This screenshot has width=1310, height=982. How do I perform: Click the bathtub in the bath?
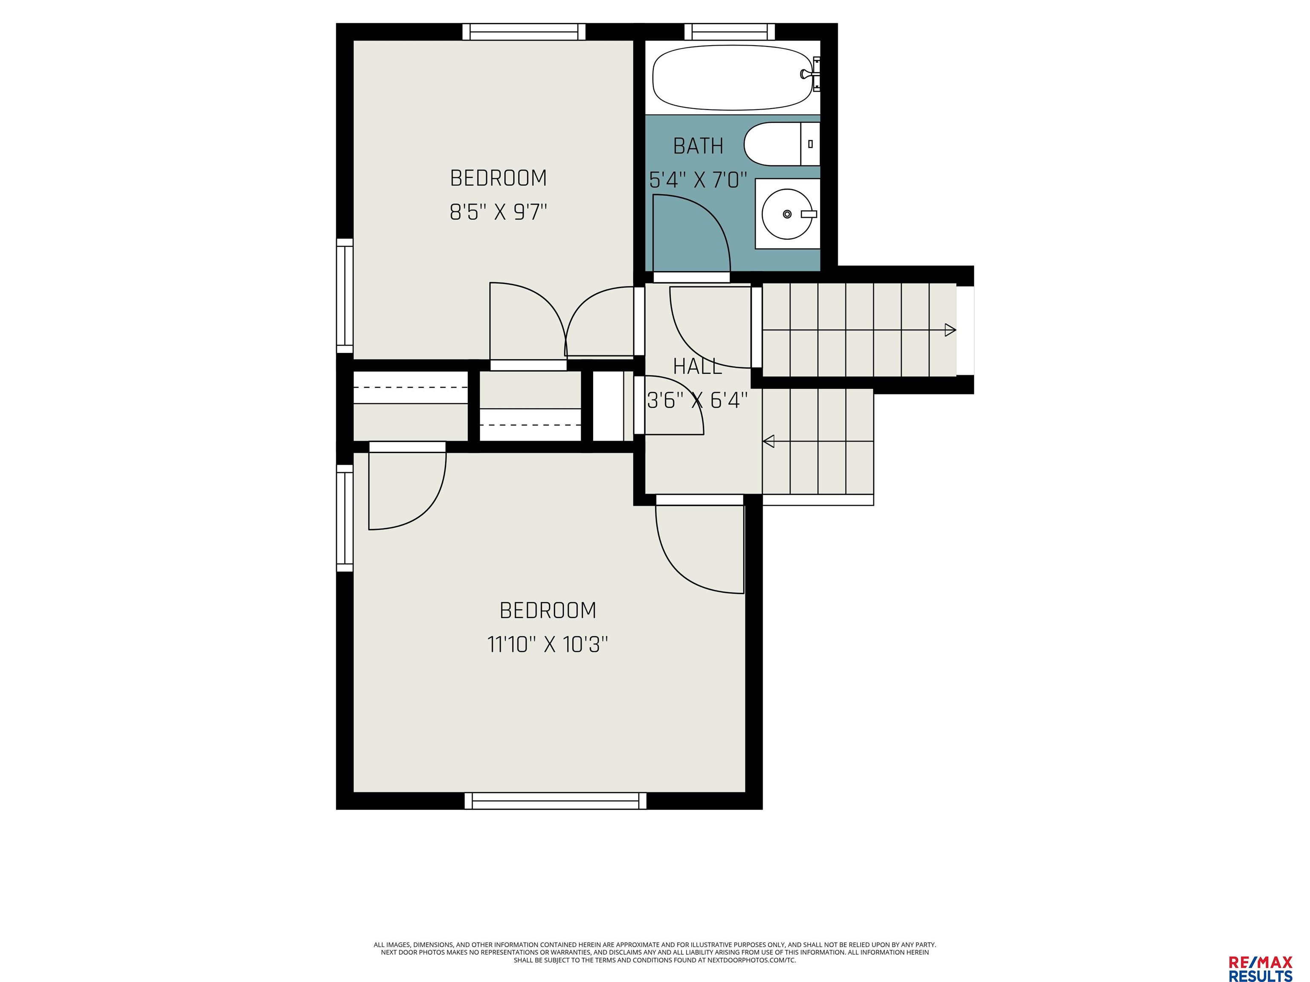(731, 78)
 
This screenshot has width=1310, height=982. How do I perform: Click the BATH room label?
(698, 146)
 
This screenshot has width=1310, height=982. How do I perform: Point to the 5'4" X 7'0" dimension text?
(698, 179)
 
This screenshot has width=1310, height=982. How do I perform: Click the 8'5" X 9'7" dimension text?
(498, 212)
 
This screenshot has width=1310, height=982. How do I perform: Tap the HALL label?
(698, 367)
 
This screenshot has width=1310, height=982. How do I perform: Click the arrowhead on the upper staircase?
(950, 330)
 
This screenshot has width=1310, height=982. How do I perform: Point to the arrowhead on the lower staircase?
(769, 441)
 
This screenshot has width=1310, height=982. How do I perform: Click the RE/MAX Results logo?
(1260, 953)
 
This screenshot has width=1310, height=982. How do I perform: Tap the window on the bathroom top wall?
(730, 32)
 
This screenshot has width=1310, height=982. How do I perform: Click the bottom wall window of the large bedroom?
(556, 801)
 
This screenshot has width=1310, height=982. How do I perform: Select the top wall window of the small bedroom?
(524, 32)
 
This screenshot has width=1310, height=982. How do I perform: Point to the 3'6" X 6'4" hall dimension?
(698, 401)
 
